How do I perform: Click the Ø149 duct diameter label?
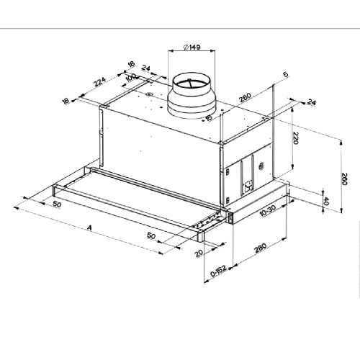[x=192, y=47]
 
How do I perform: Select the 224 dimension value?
[x=99, y=82]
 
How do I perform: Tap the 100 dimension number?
[x=130, y=78]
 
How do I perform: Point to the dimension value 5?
[x=286, y=74]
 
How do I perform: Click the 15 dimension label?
[x=209, y=118]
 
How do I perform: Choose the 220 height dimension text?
[x=295, y=138]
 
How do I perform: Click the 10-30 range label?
[x=268, y=211]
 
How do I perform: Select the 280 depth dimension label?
[x=261, y=248]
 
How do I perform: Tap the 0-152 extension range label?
[x=218, y=271]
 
